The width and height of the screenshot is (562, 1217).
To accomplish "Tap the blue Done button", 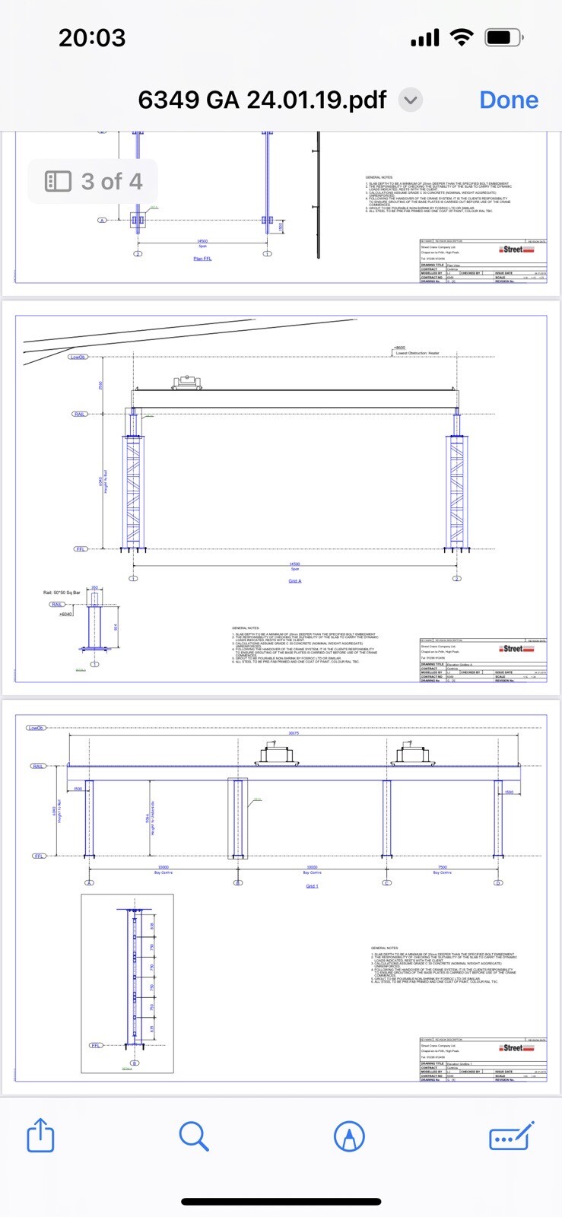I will [x=509, y=100].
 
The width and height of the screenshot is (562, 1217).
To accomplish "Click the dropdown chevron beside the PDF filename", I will [x=411, y=100].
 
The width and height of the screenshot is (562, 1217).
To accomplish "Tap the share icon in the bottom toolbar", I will [x=41, y=1136].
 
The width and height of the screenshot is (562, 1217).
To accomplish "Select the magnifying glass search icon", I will [x=194, y=1136].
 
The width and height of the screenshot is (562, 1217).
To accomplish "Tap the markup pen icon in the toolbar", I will [x=349, y=1136].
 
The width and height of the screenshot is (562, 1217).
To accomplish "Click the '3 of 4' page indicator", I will [x=94, y=182].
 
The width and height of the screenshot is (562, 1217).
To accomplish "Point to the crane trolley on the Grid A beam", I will [x=186, y=382].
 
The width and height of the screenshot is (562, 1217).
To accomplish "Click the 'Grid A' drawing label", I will [x=295, y=581].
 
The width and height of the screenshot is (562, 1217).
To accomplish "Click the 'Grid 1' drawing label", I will [x=312, y=886].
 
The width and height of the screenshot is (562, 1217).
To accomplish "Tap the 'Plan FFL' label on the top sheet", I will [x=202, y=259].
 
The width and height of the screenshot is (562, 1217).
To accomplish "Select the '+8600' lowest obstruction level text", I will [x=399, y=348].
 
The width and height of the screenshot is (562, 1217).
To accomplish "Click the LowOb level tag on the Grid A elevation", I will [x=78, y=357].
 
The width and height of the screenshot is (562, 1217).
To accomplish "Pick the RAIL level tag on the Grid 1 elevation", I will [x=38, y=766].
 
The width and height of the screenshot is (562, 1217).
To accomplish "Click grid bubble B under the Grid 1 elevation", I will [x=238, y=882].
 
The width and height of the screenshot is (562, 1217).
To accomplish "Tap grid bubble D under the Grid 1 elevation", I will [x=498, y=882].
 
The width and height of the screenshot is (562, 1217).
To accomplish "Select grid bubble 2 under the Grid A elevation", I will [x=457, y=579].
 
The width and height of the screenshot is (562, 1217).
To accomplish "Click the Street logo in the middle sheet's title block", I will [x=517, y=649].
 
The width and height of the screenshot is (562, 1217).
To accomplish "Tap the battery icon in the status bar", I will [x=503, y=37].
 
